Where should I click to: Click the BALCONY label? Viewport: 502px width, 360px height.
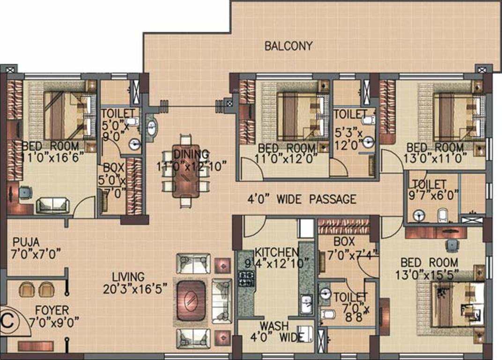click(288, 46)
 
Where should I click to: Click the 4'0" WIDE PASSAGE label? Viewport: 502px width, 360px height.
click(302, 199)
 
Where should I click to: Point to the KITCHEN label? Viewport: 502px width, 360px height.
click(277, 252)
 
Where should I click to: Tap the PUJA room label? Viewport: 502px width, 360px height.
click(27, 242)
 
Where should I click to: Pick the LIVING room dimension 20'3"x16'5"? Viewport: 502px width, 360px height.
click(135, 289)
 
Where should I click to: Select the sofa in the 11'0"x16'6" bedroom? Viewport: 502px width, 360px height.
click(53, 205)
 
